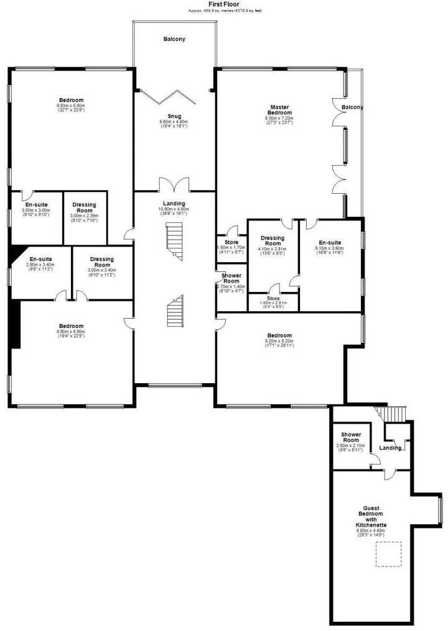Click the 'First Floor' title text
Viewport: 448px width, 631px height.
tap(223, 4)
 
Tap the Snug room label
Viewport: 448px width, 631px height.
tap(174, 115)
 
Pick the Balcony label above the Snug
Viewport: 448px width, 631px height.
tap(174, 39)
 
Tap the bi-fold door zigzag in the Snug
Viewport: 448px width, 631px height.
tap(169, 96)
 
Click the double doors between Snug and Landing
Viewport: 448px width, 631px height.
tap(174, 185)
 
